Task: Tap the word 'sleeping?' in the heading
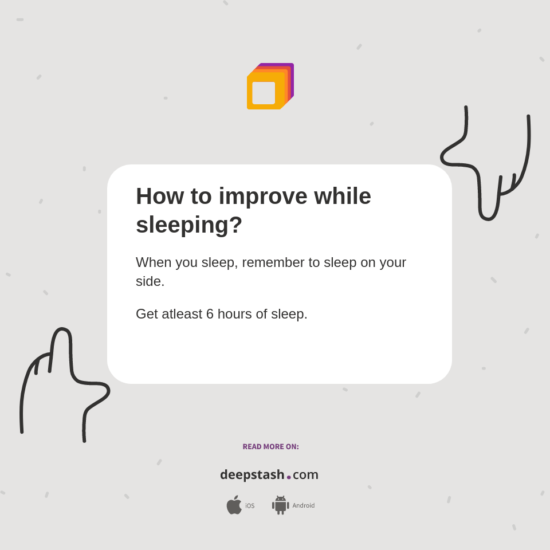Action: [189, 225]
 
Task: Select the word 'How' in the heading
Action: [159, 196]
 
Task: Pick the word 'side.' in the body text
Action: [150, 281]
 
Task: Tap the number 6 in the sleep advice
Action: [210, 314]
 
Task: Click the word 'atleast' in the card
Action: [182, 314]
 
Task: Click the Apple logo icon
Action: [234, 505]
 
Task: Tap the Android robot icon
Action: [280, 505]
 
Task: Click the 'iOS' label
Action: [250, 506]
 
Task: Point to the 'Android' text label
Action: [303, 505]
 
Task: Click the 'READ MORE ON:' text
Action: [270, 447]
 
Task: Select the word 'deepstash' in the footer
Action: [252, 475]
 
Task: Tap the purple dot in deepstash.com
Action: [289, 477]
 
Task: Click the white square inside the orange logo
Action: [264, 93]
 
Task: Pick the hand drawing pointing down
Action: [487, 166]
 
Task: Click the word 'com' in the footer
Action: [305, 475]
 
